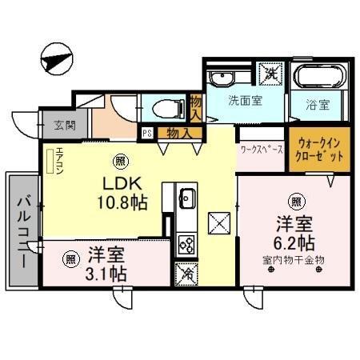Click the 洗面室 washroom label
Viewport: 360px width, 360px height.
[x=243, y=102]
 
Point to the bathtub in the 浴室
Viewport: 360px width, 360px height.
[x=319, y=78]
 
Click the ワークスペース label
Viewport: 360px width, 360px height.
[x=262, y=149]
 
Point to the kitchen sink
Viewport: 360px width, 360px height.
[x=187, y=198]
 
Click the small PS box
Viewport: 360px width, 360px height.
[x=147, y=134]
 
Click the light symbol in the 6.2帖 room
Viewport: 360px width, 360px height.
[x=297, y=201]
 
